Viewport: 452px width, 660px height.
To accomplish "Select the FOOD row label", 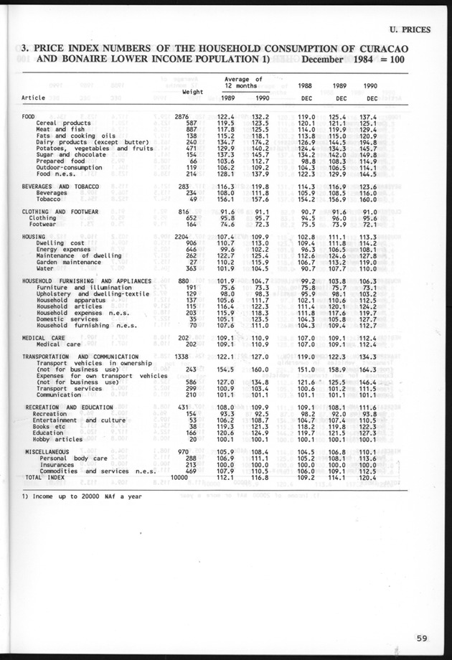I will point(29,116).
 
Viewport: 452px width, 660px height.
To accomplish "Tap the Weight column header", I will point(194,92).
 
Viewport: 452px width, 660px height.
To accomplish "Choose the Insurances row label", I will point(57,464).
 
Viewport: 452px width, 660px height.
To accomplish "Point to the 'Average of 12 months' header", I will point(243,82).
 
